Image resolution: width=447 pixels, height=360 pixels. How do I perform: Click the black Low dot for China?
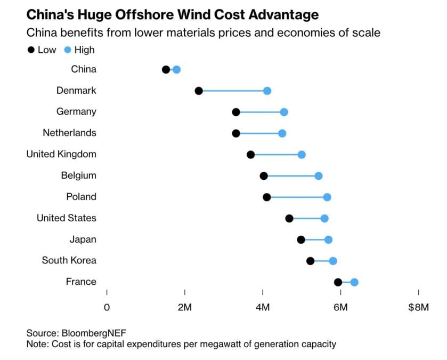pyautogui.click(x=166, y=69)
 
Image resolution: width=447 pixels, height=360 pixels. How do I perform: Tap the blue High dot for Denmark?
pyautogui.click(x=267, y=91)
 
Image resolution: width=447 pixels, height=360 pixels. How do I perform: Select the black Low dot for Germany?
pyautogui.click(x=236, y=112)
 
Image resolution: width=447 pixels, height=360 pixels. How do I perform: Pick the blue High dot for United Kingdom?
pyautogui.click(x=302, y=155)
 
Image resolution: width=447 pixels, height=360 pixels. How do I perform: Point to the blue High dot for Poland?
pyautogui.click(x=327, y=197)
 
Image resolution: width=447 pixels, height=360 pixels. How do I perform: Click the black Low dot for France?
pyautogui.click(x=338, y=282)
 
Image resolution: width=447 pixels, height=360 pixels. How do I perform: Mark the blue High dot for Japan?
pyautogui.click(x=328, y=239)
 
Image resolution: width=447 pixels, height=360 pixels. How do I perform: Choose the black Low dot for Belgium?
pyautogui.click(x=264, y=176)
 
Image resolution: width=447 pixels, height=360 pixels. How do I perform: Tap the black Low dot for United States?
pyautogui.click(x=289, y=218)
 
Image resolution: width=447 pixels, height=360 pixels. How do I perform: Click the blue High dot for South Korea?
pyautogui.click(x=333, y=261)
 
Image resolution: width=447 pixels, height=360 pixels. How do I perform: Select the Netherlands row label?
pyautogui.click(x=70, y=133)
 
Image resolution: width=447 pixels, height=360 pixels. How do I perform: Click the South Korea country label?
pyautogui.click(x=69, y=260)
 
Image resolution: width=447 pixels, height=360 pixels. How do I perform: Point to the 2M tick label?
pyautogui.click(x=185, y=307)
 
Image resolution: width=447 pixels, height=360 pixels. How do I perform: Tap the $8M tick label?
pyautogui.click(x=418, y=307)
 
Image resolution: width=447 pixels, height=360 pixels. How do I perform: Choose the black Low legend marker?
pyautogui.click(x=31, y=50)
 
